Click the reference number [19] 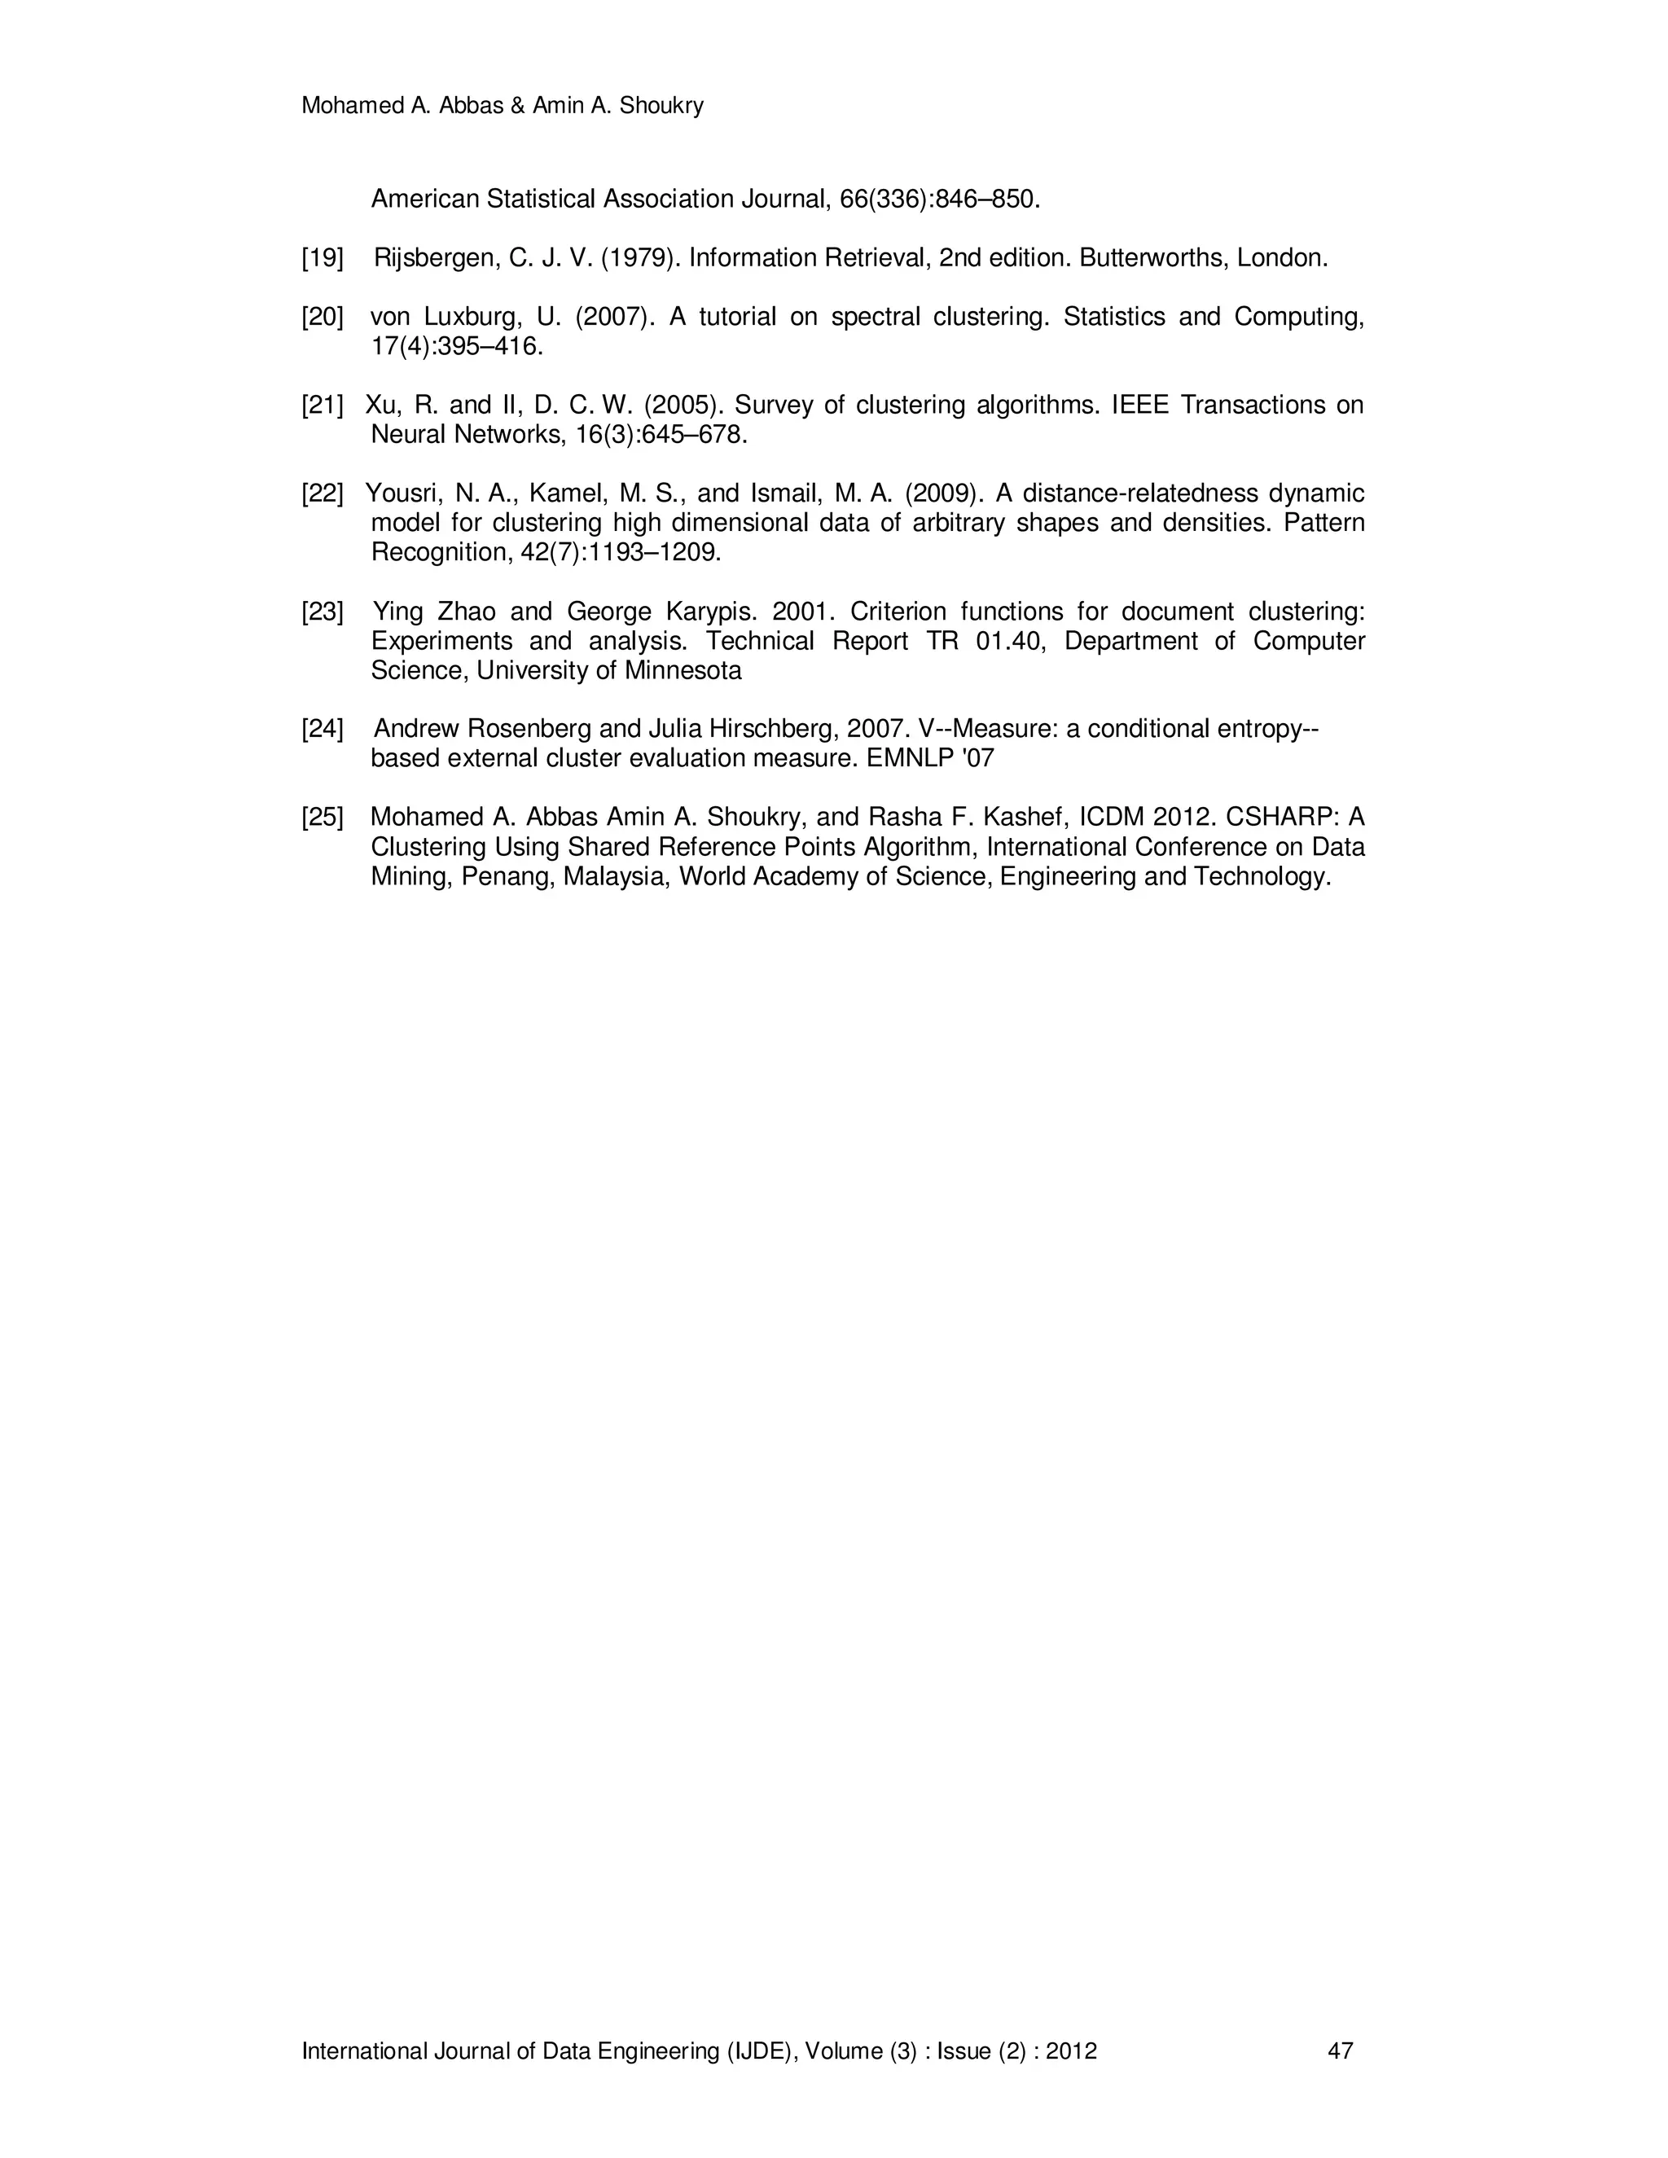(323, 259)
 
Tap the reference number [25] (323, 818)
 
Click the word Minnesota (683, 671)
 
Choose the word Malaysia (617, 877)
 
